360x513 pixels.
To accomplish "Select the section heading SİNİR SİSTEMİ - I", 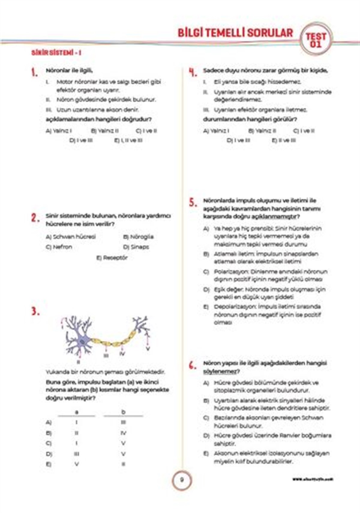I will pos(56,53).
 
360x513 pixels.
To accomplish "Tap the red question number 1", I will pos(34,72).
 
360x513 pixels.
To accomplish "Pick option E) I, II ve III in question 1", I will pos(128,140).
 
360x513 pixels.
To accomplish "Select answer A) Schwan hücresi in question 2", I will pos(70,237).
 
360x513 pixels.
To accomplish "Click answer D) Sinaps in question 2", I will pos(136,247).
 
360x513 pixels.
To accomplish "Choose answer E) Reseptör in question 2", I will pos(112,258).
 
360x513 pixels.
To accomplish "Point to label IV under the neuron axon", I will pos(122,354).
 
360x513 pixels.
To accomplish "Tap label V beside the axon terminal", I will pos(148,349).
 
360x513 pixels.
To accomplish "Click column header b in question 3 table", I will pos(123,412).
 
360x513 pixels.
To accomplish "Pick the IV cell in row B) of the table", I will pos(123,433).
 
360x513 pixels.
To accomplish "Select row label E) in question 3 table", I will pos(49,464).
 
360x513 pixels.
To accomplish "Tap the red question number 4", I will pos(193,72).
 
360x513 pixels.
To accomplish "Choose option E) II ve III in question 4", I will pos(284,140).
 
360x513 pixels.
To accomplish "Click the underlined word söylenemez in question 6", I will pos(220,371).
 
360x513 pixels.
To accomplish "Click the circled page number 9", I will pos(181,480).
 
